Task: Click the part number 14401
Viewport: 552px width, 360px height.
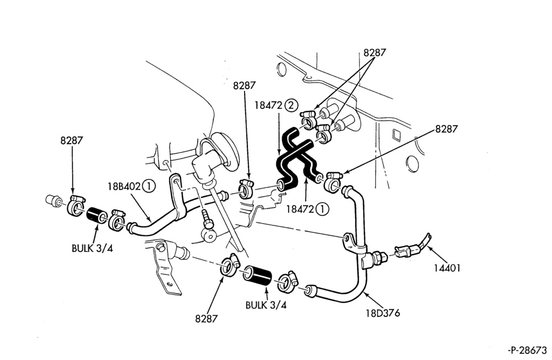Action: tap(447, 268)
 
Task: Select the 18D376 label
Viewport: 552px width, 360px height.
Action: tap(383, 313)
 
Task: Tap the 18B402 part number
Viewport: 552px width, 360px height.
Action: tap(124, 186)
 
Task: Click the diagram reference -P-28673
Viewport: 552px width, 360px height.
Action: tap(528, 350)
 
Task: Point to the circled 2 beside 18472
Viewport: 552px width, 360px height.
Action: tap(291, 105)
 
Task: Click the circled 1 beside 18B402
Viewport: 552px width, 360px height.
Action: tap(149, 186)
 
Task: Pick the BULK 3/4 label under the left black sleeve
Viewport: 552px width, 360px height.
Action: tap(92, 248)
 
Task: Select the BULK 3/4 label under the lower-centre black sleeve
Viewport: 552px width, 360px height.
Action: tap(266, 305)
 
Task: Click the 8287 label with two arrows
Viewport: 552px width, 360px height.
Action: tap(375, 52)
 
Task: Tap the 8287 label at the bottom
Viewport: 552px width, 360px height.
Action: tap(206, 319)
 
